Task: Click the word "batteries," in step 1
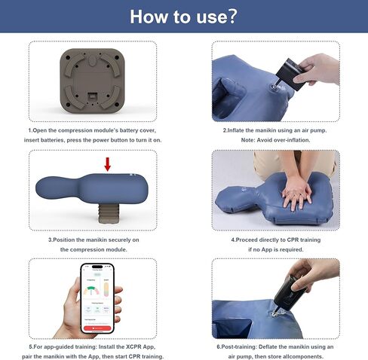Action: (x=77, y=141)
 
